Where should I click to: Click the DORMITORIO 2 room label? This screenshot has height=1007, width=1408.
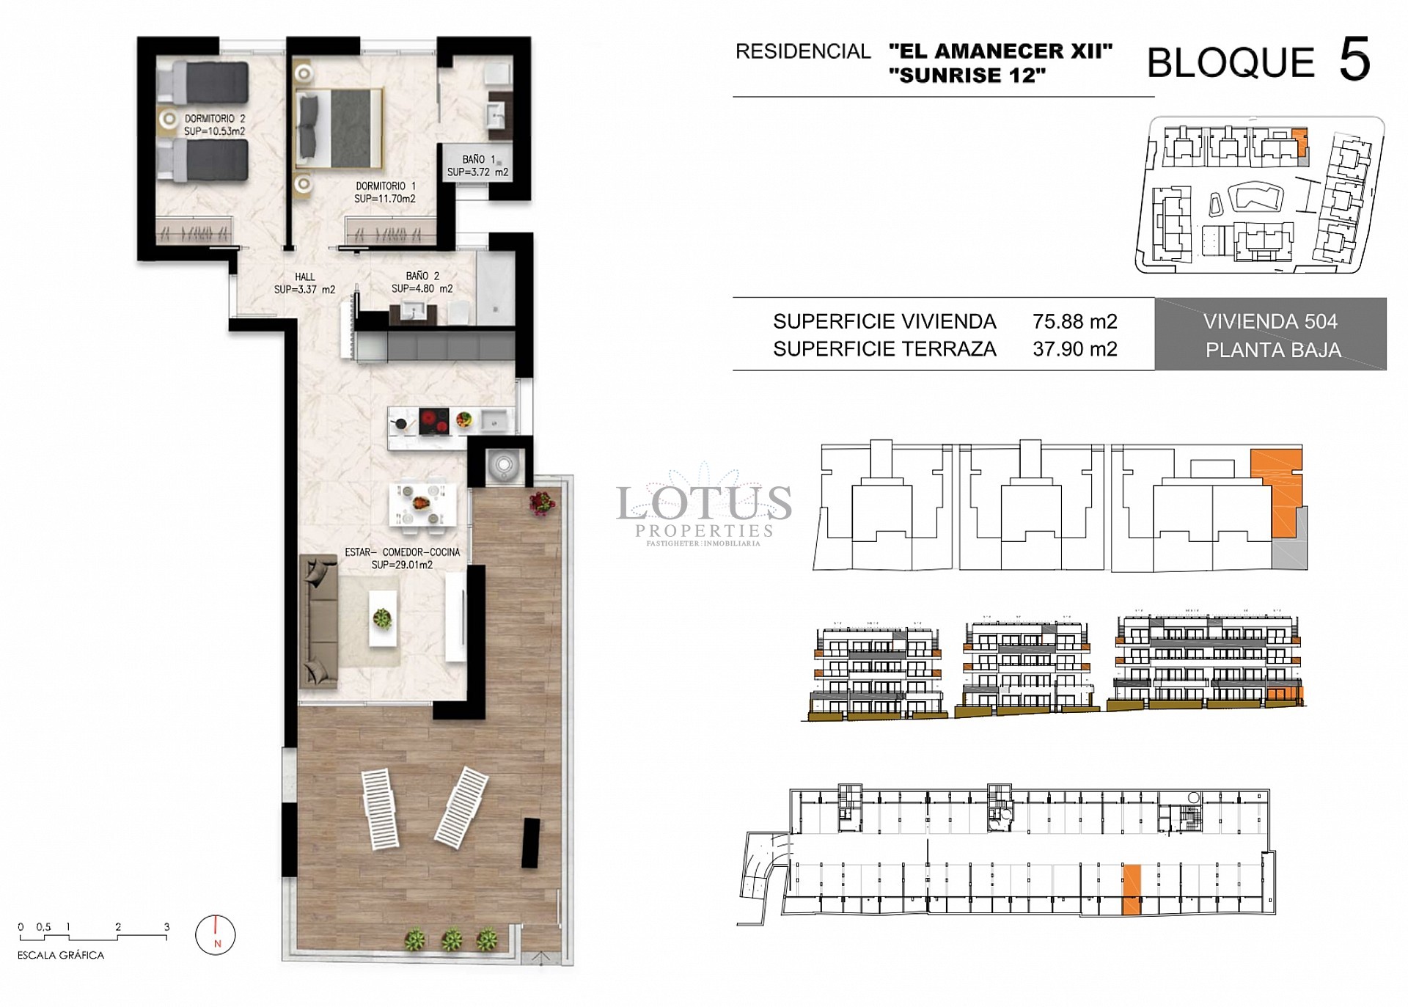(x=214, y=125)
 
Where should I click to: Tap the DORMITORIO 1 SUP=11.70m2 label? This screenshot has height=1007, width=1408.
(x=385, y=192)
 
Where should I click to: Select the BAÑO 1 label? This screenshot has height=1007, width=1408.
(x=477, y=166)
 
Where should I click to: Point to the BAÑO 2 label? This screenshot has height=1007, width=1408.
(x=422, y=282)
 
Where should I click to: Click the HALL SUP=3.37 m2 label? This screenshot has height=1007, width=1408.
(x=304, y=283)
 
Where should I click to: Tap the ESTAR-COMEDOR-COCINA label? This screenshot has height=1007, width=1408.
(x=402, y=558)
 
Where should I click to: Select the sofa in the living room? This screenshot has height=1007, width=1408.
(x=318, y=621)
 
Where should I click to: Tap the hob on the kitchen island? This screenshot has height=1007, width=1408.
(x=433, y=421)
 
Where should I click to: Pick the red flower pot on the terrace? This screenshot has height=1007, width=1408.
(x=541, y=502)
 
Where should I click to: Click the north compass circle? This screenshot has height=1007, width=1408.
(x=216, y=934)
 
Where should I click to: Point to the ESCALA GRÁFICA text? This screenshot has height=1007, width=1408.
(x=61, y=955)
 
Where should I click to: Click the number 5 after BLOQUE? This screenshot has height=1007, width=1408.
(x=1354, y=60)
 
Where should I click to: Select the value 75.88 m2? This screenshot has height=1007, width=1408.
(x=1074, y=321)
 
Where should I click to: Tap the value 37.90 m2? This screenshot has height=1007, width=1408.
(x=1074, y=349)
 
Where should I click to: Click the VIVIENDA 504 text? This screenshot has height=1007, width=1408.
(x=1270, y=321)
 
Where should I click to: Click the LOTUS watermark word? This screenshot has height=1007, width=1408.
(x=703, y=503)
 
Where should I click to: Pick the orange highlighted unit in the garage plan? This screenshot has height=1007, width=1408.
(x=1132, y=889)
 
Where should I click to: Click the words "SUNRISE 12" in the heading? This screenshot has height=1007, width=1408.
(x=967, y=76)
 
